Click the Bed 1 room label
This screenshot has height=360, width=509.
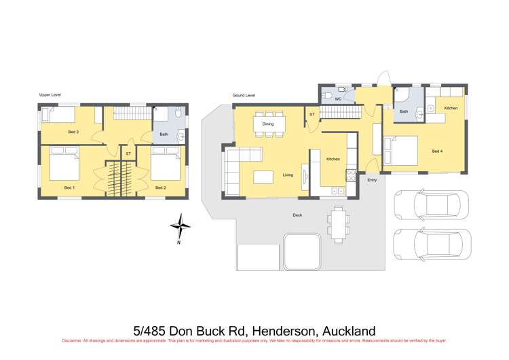(x=69, y=187)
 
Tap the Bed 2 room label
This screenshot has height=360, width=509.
(x=160, y=187)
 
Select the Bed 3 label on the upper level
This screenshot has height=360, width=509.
(x=73, y=131)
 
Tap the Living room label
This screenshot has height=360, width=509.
(x=288, y=175)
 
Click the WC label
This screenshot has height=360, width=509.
(x=337, y=100)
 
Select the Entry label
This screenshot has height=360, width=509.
(x=372, y=180)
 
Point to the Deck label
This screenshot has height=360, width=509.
(x=297, y=215)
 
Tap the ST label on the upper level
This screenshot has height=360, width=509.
(x=128, y=154)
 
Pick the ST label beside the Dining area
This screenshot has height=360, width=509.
(x=312, y=114)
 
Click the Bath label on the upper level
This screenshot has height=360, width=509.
(x=164, y=134)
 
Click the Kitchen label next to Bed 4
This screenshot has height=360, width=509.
(x=451, y=109)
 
